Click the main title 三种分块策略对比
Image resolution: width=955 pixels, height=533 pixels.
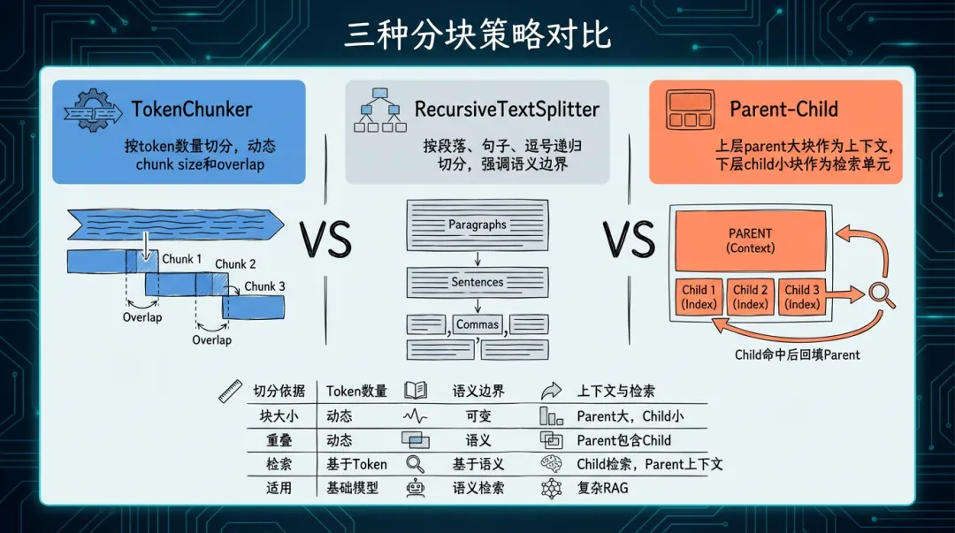click(477, 34)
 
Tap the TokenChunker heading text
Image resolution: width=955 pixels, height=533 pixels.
click(191, 110)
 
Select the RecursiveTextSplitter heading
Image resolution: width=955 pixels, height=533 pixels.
click(507, 110)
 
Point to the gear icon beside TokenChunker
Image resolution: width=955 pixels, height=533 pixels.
click(91, 110)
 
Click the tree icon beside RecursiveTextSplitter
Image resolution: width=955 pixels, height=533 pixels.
click(377, 110)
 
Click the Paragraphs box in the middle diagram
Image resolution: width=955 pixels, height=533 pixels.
click(477, 225)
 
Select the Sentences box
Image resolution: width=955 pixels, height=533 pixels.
click(477, 282)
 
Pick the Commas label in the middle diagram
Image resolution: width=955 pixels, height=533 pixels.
click(477, 324)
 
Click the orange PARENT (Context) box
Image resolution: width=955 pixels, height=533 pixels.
click(750, 240)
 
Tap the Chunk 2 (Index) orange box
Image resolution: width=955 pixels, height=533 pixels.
click(750, 296)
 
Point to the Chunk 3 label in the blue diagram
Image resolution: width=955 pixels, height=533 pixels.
click(264, 286)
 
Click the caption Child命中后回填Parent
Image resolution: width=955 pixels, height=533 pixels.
click(797, 354)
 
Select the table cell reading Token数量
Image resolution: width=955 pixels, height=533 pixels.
click(356, 391)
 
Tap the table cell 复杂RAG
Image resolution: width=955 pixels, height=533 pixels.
click(602, 487)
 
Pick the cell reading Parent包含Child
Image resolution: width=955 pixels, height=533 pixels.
click(623, 439)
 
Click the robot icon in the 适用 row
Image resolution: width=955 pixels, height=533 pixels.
click(415, 487)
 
